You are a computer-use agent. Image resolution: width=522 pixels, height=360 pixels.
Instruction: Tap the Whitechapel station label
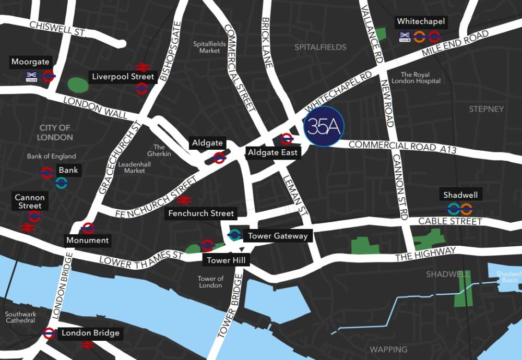pyautogui.click(x=421, y=22)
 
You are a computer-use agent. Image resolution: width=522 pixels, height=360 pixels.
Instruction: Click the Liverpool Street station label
pyautogui.click(x=123, y=77)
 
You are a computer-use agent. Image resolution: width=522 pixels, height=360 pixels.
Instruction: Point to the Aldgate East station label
pyautogui.click(x=273, y=152)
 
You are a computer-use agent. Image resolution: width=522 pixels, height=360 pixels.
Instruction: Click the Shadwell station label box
pyautogui.click(x=460, y=195)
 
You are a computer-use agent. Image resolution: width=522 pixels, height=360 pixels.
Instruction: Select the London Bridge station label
pyautogui.click(x=90, y=333)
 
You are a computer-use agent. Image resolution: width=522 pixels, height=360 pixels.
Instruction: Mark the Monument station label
pyautogui.click(x=87, y=241)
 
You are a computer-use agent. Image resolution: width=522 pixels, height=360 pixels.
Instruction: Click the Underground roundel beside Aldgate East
pyautogui.click(x=286, y=139)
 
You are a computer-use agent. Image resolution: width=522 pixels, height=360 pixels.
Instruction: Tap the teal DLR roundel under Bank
pyautogui.click(x=62, y=183)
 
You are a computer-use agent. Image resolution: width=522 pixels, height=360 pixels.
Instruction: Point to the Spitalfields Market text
pyautogui.click(x=209, y=47)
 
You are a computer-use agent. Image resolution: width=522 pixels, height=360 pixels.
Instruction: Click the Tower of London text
pyautogui.click(x=210, y=282)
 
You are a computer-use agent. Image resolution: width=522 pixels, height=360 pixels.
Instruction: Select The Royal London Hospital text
pyautogui.click(x=421, y=78)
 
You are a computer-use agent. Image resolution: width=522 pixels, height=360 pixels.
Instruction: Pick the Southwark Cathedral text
pyautogui.click(x=21, y=318)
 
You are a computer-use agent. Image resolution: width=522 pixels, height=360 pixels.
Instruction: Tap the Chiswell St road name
pyautogui.click(x=57, y=28)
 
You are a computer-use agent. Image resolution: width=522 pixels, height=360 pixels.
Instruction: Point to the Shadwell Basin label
pyautogui.click(x=507, y=277)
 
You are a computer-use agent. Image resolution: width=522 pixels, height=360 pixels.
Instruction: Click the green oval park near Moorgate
pyautogui.click(x=77, y=84)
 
